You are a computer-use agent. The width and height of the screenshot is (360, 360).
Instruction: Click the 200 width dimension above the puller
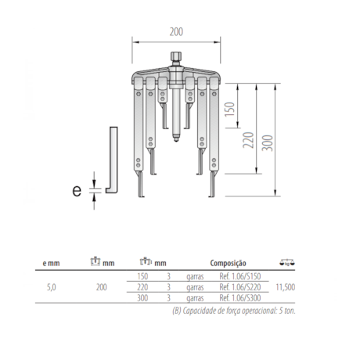tap(176, 32)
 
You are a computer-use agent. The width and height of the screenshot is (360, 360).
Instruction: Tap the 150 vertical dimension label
tap(230, 110)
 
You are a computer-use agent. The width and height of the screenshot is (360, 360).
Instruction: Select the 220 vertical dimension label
tap(248, 140)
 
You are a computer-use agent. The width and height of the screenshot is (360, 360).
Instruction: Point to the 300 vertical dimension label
tap(268, 143)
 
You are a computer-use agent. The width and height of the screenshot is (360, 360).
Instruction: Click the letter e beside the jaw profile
tap(77, 191)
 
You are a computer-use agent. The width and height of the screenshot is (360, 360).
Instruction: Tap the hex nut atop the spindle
tap(176, 56)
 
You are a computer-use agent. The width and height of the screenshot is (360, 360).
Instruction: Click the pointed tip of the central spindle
tap(176, 141)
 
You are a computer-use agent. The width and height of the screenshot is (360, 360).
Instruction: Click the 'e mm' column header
tap(51, 263)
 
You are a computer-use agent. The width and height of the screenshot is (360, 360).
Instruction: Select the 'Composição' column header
tap(228, 264)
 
